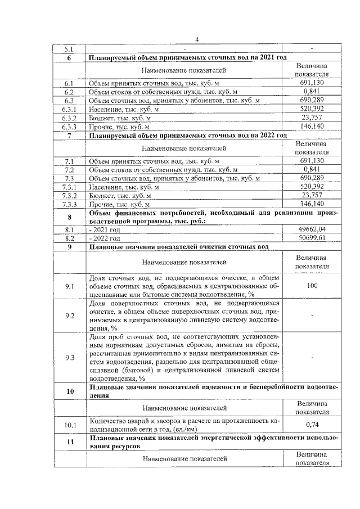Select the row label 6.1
tap(69, 83)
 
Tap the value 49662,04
tap(312, 229)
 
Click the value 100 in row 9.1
tap(312, 286)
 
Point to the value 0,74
tap(312, 425)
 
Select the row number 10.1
tap(69, 425)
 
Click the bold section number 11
tap(69, 442)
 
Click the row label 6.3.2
tap(69, 118)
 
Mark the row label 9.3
tap(69, 357)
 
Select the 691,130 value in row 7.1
tap(312, 161)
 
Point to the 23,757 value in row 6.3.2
tap(312, 118)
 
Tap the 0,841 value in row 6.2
tap(312, 92)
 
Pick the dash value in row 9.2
tap(312, 316)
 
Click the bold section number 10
tap(69, 391)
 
